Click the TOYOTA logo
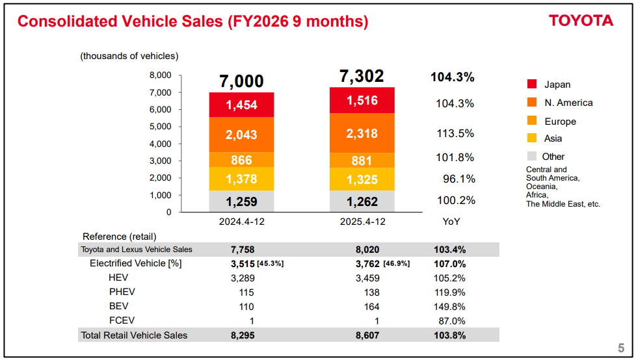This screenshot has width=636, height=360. [x=581, y=21]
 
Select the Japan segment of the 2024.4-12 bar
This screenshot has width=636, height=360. [x=241, y=105]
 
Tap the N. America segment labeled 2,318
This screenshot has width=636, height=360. [x=362, y=133]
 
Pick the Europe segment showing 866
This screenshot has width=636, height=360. [x=241, y=160]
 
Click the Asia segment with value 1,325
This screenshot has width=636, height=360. [x=362, y=179]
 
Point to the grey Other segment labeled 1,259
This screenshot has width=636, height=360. [x=241, y=201]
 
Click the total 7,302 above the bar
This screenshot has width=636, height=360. [x=362, y=77]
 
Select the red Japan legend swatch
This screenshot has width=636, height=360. [x=531, y=84]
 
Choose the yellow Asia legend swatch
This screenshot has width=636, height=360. [x=531, y=138]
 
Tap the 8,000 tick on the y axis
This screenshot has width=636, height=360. [x=161, y=75]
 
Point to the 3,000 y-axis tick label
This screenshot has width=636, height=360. [x=161, y=161]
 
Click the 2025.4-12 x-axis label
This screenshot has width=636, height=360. [x=362, y=222]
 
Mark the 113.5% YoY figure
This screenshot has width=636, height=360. [x=455, y=133]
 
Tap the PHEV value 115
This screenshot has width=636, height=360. [x=246, y=292]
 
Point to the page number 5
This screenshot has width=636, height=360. [x=620, y=347]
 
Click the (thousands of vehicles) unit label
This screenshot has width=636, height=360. [x=129, y=57]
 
